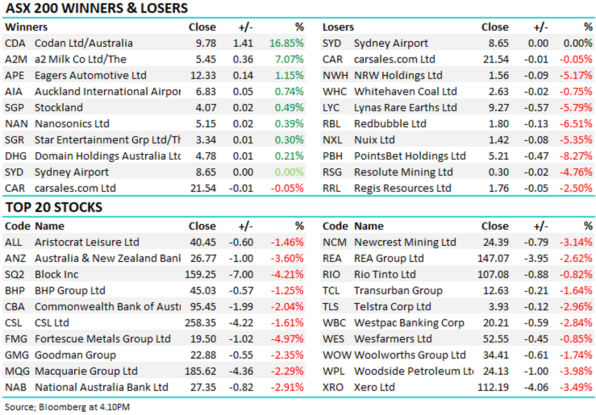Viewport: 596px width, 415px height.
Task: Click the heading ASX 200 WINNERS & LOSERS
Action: pos(97,9)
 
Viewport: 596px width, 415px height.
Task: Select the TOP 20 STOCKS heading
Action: pos(54,207)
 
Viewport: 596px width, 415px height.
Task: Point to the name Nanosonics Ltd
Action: pos(72,124)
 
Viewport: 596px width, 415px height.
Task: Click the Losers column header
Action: pos(338,27)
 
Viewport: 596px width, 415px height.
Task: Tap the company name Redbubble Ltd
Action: pos(390,124)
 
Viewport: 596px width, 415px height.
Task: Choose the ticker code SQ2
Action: pos(15,274)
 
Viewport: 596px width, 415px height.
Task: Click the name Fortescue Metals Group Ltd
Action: pos(102,339)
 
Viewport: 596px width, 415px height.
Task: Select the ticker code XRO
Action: pos(332,387)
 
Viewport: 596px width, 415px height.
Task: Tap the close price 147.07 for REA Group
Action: pos(493,258)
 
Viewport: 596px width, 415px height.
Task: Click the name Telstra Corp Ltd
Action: pos(392,306)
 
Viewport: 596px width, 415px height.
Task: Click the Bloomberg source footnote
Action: pos(67,406)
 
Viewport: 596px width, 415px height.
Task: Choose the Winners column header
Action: pos(26,27)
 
